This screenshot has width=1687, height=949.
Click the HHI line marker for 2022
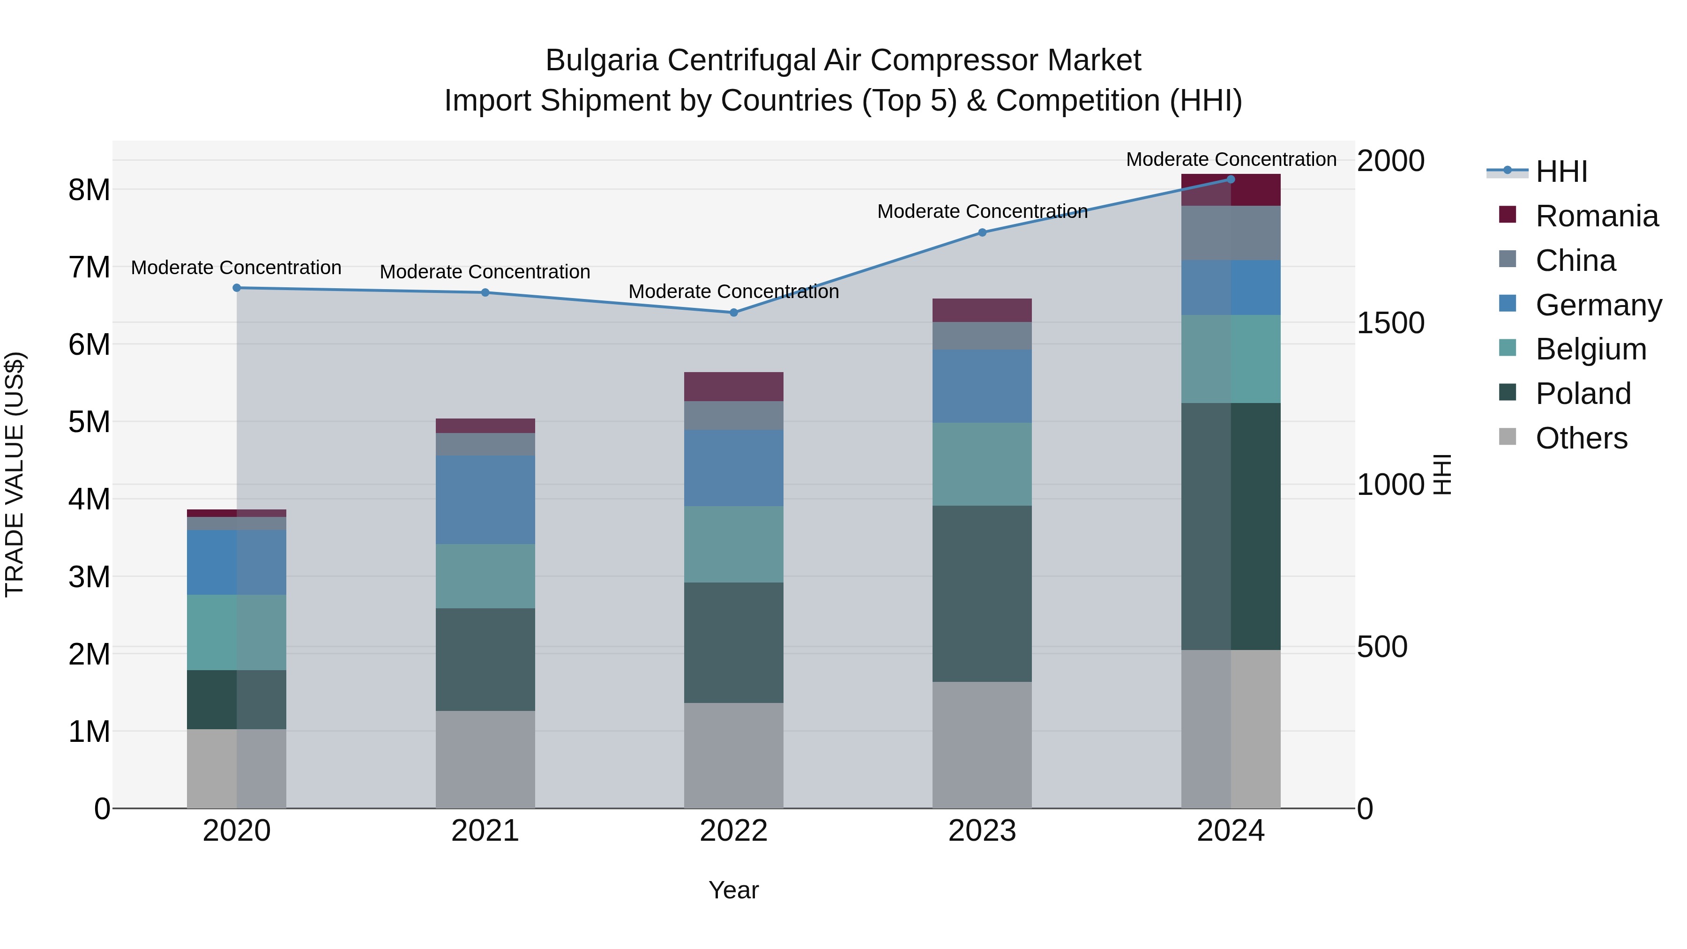733,313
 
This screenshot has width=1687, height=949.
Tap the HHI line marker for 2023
982,232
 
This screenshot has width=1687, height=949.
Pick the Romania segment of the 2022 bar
733,387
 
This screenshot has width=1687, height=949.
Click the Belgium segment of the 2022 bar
733,544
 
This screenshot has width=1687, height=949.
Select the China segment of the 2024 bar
1231,233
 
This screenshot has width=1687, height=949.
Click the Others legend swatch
1507,437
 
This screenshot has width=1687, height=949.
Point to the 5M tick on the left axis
89,422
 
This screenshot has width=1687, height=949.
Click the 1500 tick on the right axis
1390,323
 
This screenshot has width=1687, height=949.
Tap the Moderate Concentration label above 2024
1231,160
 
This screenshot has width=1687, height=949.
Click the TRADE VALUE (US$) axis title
15,474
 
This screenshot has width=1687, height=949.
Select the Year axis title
733,890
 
